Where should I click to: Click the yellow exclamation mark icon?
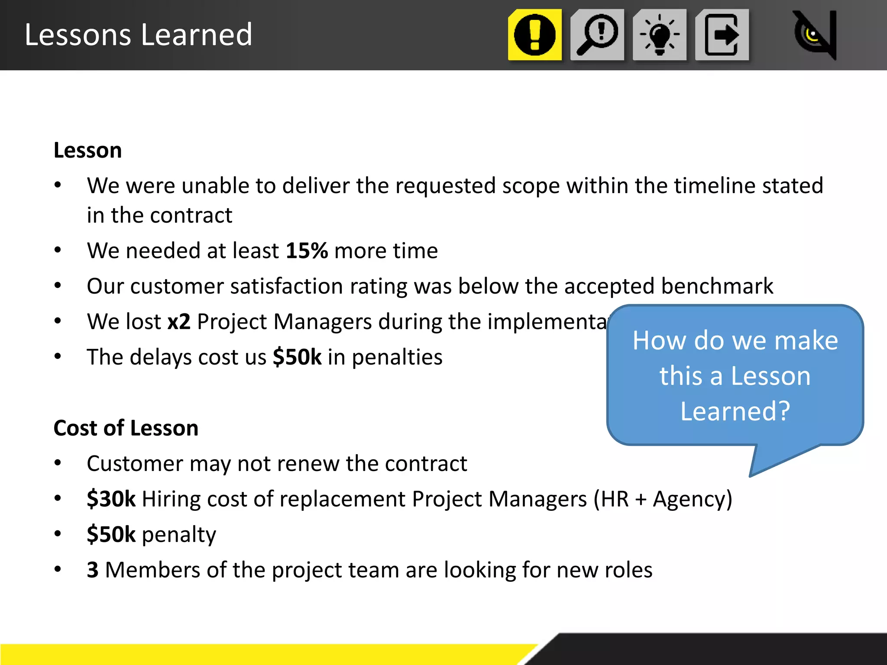point(535,35)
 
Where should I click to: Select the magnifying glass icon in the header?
point(597,35)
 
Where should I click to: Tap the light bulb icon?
point(660,35)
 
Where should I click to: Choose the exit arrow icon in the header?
point(722,35)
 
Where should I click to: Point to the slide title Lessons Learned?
point(138,35)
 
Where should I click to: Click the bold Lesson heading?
point(87,150)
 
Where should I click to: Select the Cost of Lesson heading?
point(126,428)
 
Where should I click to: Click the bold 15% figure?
point(307,251)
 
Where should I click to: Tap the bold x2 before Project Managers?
point(179,322)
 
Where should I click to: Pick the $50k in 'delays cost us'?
point(297,357)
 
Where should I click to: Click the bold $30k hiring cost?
point(111,499)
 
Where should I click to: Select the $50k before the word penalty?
point(111,534)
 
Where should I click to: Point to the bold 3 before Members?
point(93,570)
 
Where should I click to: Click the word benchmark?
point(717,286)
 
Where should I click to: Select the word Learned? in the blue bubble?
point(735,411)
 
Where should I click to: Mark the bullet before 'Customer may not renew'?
point(58,463)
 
